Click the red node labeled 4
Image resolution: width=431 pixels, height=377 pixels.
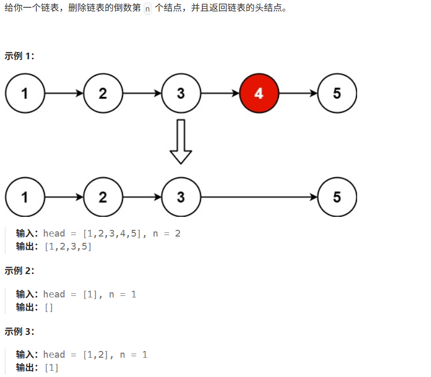coord(259,94)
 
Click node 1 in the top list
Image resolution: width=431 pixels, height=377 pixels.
coord(25,94)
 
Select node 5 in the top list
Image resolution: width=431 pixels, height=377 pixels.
coord(337,94)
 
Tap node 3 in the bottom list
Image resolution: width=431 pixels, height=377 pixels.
coord(181,198)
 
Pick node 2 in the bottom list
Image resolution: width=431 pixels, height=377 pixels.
coord(103,198)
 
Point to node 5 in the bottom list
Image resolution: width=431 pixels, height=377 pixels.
coord(337,198)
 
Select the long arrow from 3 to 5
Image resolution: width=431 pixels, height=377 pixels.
coord(259,198)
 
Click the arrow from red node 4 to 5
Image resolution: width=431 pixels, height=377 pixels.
coord(298,94)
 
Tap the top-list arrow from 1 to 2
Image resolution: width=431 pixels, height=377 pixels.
coord(64,94)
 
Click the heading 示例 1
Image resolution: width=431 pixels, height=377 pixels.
coord(19,56)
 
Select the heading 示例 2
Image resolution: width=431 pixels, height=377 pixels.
coord(19,270)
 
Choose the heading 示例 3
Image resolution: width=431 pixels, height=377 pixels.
coord(19,331)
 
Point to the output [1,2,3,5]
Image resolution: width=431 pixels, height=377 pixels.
coord(68,246)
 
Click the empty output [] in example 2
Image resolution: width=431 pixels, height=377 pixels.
coord(48,307)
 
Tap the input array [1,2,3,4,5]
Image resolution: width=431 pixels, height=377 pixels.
coord(112,233)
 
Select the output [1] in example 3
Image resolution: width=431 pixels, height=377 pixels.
coord(51,368)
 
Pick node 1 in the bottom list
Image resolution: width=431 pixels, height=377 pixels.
coord(25,198)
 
